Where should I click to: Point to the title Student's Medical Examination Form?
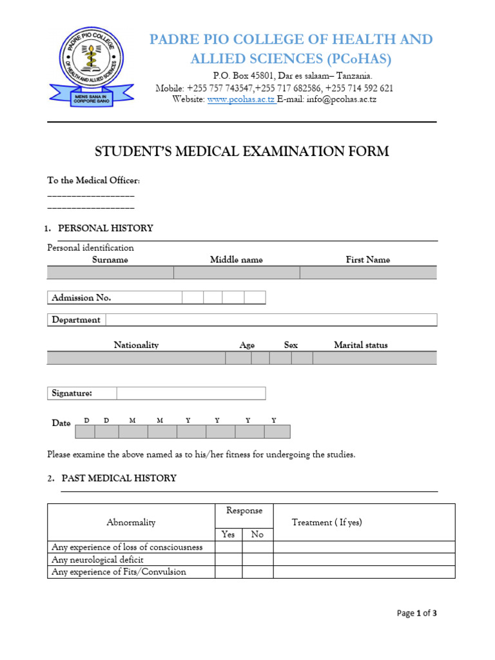point(242,152)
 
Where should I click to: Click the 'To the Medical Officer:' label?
point(93,180)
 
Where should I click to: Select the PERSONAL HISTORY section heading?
point(106,228)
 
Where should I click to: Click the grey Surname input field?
point(110,273)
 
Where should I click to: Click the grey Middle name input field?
point(237,273)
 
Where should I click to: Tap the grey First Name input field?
point(368,273)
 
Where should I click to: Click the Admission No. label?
point(81,298)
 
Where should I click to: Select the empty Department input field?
point(271,320)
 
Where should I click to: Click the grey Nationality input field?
point(136,358)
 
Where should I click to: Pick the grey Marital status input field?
point(374,358)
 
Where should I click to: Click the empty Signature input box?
point(191,393)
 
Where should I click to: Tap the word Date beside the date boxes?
point(61,423)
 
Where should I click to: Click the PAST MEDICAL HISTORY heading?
point(119,478)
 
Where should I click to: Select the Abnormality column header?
point(131,522)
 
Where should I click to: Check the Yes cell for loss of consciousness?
point(228,547)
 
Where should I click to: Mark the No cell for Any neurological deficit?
point(257,559)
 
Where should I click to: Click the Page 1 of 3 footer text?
point(416,614)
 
